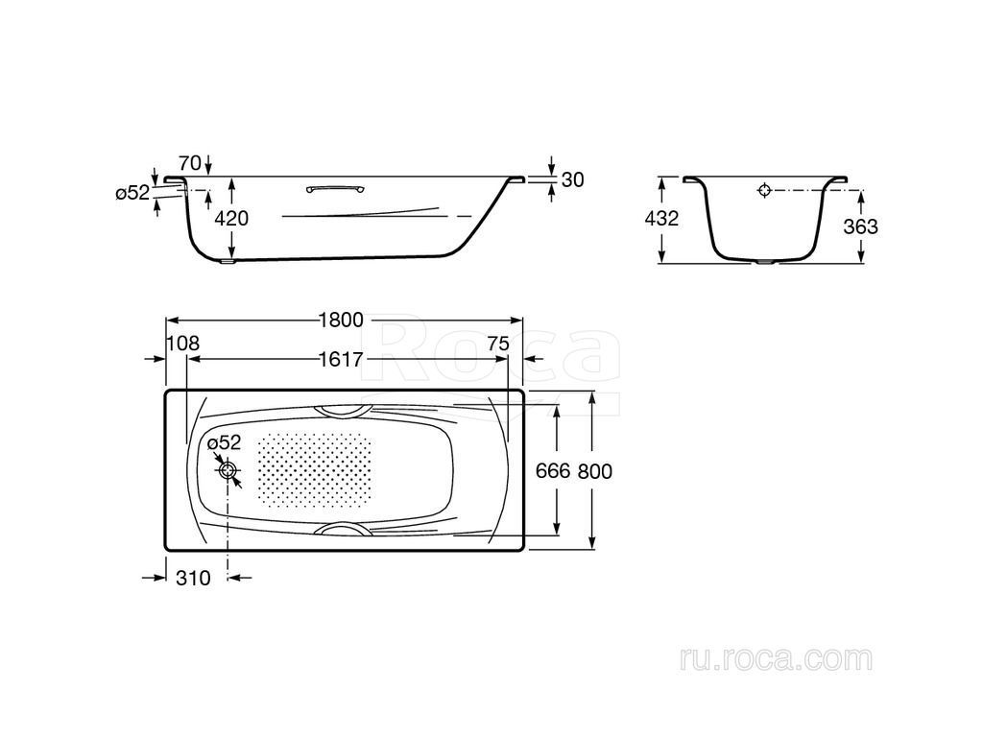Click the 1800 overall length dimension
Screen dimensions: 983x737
tap(341, 321)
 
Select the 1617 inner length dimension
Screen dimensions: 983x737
tap(341, 360)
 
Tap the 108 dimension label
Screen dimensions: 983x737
tap(183, 344)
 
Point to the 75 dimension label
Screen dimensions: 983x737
tap(498, 344)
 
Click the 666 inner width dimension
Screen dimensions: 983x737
tap(552, 470)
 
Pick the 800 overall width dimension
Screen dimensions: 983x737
tap(595, 470)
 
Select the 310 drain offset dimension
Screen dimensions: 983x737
tap(193, 578)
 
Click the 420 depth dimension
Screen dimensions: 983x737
tap(231, 218)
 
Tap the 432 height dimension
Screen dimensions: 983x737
tap(662, 218)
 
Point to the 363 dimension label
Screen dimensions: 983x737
tap(861, 226)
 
